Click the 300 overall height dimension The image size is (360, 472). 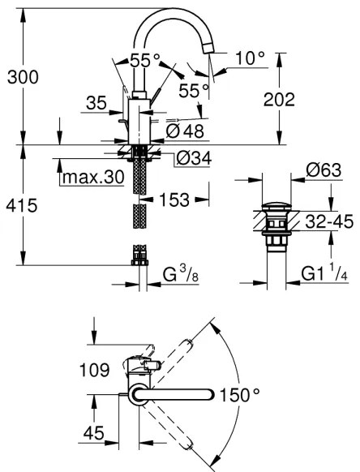21,77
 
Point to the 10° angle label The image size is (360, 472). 251,58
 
